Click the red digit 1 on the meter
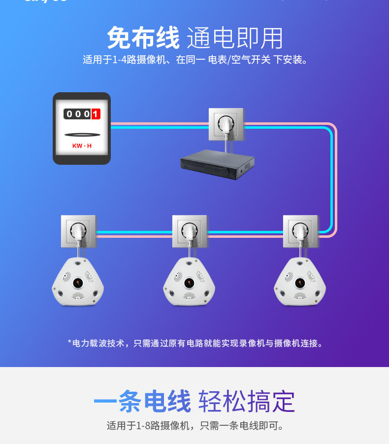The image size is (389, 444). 96,114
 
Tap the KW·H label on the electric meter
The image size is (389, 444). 82,146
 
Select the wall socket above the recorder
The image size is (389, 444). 226,124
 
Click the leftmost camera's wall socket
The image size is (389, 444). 78,231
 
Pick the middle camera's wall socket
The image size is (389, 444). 190,231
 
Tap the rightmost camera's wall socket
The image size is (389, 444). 300,231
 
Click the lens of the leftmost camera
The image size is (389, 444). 78,283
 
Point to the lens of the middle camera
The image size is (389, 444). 189,283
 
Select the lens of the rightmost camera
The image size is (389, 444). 300,283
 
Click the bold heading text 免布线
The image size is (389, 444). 143,37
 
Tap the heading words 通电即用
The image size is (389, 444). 235,38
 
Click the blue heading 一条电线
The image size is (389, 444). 142,401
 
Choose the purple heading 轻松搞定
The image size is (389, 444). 246,401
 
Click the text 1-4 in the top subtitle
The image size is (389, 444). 120,60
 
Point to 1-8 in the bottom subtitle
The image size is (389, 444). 144,425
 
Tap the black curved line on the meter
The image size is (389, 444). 82,134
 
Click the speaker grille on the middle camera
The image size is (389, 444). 189,296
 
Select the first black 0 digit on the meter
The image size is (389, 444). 69,114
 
